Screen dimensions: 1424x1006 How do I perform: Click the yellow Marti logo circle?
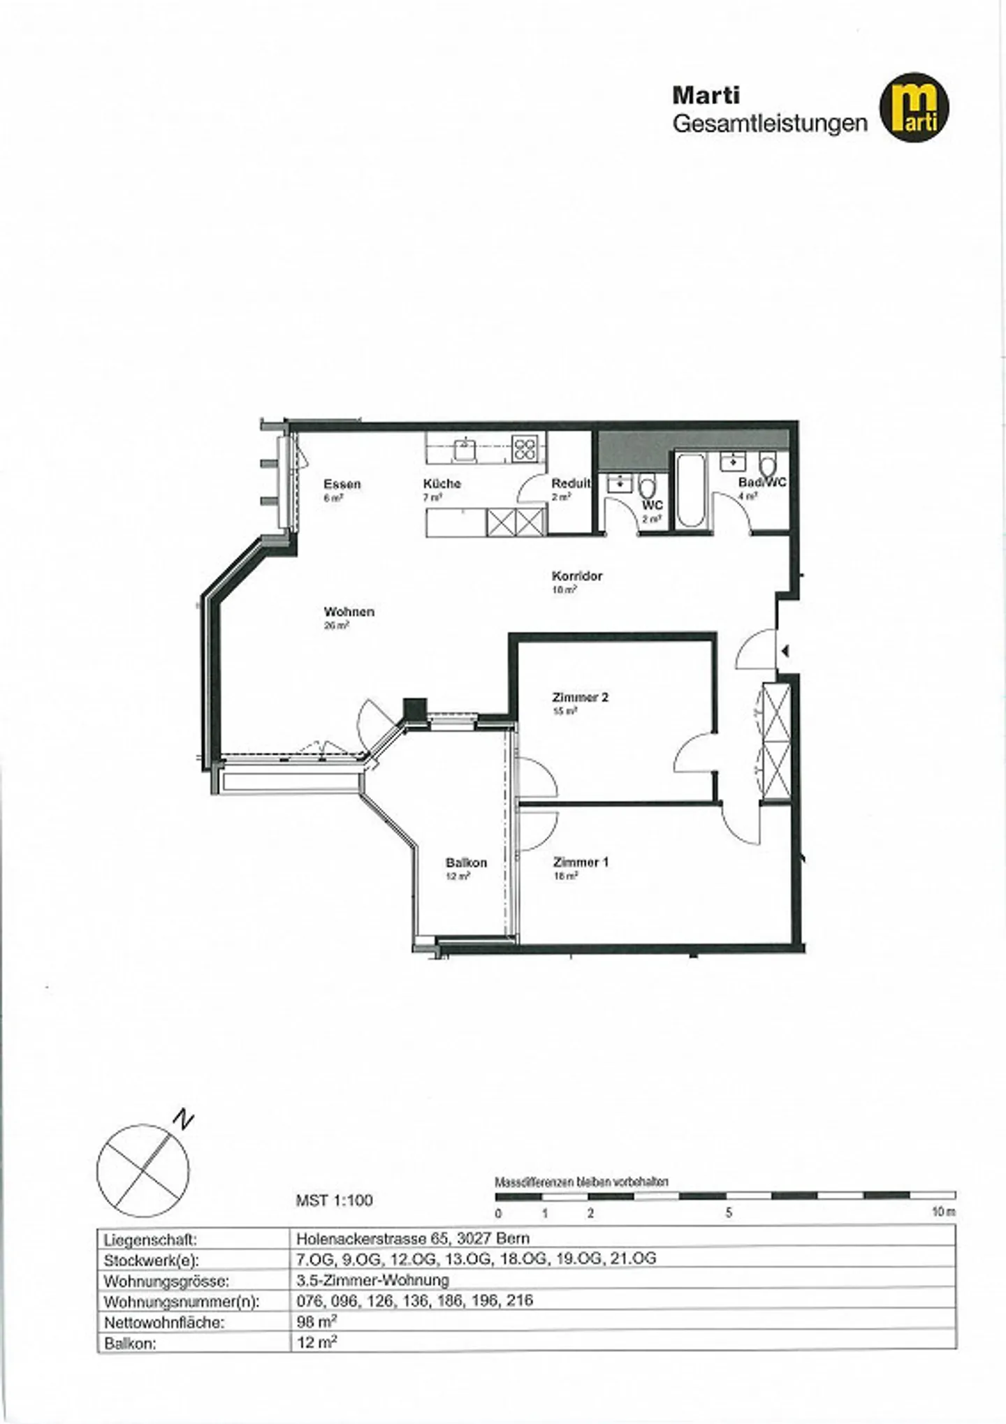click(914, 107)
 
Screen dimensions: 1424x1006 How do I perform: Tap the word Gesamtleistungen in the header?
click(769, 124)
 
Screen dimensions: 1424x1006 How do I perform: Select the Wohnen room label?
click(349, 612)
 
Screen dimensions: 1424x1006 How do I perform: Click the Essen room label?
click(342, 484)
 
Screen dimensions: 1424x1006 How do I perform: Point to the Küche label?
click(442, 483)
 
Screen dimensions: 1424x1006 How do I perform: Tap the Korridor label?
click(576, 576)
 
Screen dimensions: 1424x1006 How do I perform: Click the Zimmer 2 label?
click(580, 697)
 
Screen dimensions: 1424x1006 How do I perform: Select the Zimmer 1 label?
click(580, 862)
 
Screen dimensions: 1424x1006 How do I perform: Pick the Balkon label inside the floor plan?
click(466, 863)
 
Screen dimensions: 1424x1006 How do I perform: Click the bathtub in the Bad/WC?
click(691, 491)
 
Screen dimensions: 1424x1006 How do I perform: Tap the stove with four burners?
click(525, 448)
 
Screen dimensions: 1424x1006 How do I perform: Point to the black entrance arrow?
click(786, 651)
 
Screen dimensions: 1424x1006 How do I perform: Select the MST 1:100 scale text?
click(334, 1201)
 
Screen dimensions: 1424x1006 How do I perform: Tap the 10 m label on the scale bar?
click(943, 1212)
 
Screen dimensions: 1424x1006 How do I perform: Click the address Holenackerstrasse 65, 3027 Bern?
click(412, 1238)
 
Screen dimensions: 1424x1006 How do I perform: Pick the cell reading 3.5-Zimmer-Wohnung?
click(372, 1280)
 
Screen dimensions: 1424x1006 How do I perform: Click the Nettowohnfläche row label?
click(164, 1323)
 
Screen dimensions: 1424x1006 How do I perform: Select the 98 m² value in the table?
click(316, 1321)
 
